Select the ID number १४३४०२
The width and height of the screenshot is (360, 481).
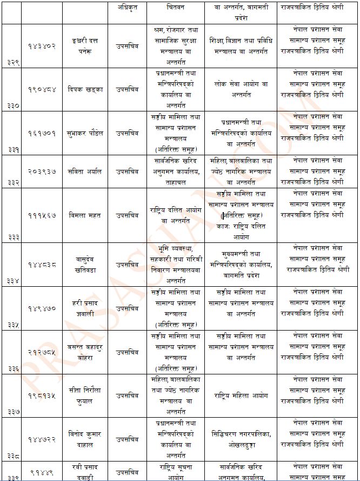point(42,46)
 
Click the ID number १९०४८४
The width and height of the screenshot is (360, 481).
point(42,89)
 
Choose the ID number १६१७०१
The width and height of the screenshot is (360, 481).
point(42,133)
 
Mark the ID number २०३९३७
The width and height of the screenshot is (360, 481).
point(42,171)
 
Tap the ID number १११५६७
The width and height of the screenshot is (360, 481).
point(42,215)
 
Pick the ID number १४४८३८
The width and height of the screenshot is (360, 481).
point(42,265)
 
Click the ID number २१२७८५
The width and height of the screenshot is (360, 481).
point(42,352)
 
